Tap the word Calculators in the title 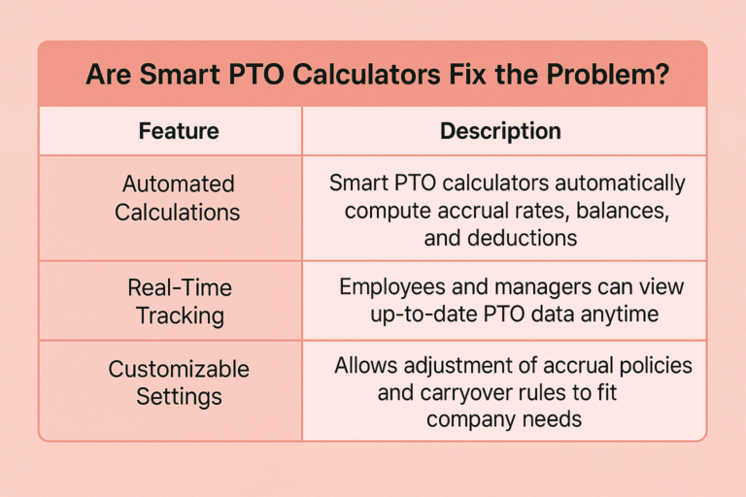click(366, 75)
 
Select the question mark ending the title click(661, 75)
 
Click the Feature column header click(179, 131)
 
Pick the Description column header click(500, 131)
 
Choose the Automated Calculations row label click(178, 198)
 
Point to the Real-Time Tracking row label click(180, 302)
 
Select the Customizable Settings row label click(179, 382)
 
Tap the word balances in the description click(623, 211)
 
